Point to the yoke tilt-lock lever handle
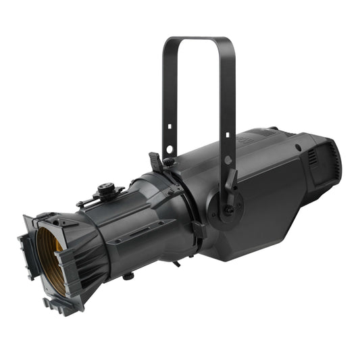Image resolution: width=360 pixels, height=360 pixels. point(232,181)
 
